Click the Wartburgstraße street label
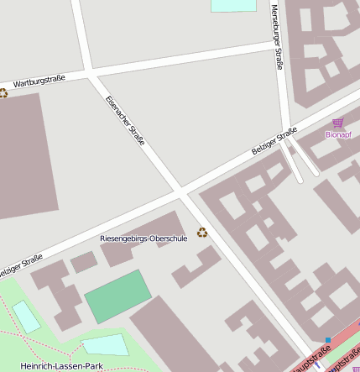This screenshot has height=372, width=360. [x=39, y=81]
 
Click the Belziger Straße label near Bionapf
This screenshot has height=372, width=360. [x=274, y=140]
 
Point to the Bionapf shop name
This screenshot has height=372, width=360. [x=338, y=134]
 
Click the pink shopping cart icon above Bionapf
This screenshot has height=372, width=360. [x=338, y=123]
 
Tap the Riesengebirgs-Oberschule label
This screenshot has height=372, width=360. [x=143, y=238]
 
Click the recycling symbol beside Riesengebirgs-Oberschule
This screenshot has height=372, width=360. [x=201, y=233]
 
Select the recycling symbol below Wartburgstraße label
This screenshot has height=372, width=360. [x=3, y=93]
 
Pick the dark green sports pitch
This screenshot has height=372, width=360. [x=118, y=296]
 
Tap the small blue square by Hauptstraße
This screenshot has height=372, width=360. [x=326, y=341]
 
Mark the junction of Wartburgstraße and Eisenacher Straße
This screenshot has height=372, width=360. [x=91, y=74]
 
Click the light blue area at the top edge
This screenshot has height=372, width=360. [x=233, y=5]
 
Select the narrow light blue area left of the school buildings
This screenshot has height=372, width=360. [x=26, y=317]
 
